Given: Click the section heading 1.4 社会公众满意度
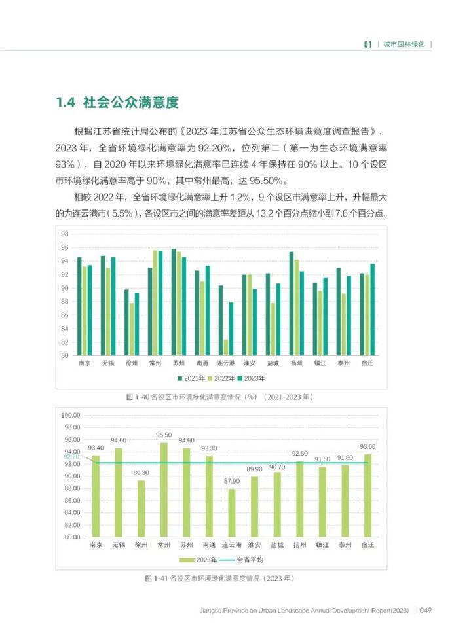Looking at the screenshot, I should pyautogui.click(x=117, y=103).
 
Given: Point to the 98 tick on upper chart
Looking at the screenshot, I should pyautogui.click(x=65, y=234).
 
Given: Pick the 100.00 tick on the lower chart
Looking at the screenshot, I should pyautogui.click(x=70, y=415).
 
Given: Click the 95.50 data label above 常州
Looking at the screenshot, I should pyautogui.click(x=164, y=435).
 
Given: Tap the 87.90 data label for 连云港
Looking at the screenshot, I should pyautogui.click(x=231, y=481).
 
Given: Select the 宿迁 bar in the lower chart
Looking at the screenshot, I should pyautogui.click(x=367, y=495).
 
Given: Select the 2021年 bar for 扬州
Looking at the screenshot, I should pyautogui.click(x=292, y=304).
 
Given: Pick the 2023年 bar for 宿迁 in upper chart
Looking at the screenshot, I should pyautogui.click(x=373, y=310).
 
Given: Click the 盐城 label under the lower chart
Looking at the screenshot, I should pyautogui.click(x=276, y=545).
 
